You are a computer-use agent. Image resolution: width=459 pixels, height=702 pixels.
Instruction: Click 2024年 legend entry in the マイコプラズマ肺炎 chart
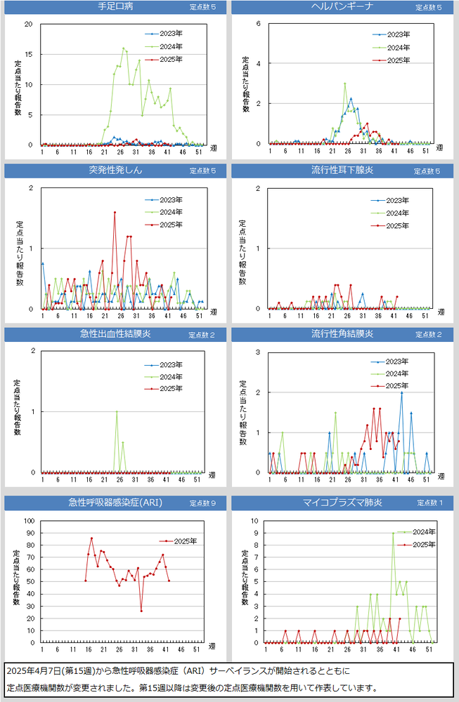424,532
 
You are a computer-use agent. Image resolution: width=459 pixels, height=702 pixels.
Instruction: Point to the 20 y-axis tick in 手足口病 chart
29,24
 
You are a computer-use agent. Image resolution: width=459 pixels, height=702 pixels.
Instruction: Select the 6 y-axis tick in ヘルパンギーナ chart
258,23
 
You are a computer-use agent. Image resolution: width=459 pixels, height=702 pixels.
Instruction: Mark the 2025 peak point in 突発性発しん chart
115,212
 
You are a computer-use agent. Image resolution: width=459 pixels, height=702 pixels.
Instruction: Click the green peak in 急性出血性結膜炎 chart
117,411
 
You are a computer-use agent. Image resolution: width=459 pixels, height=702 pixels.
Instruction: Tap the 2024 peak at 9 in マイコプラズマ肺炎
393,533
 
